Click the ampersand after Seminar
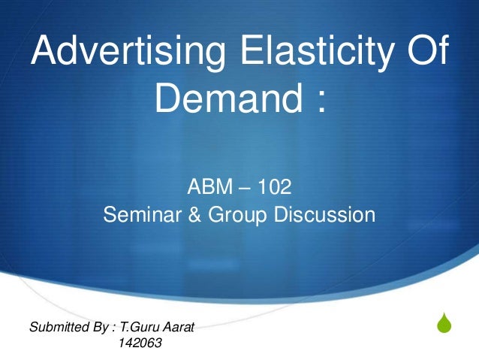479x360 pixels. (x=192, y=216)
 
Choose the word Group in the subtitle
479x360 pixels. (x=235, y=216)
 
